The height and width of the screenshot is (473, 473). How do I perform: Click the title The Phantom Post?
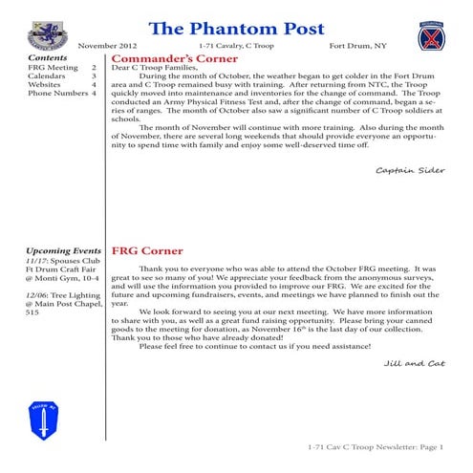coord(238,25)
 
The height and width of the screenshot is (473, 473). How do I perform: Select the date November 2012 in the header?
coord(107,46)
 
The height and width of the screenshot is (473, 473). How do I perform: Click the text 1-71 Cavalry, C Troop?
coord(233,46)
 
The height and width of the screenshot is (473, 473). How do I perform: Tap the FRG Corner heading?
coord(145,252)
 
